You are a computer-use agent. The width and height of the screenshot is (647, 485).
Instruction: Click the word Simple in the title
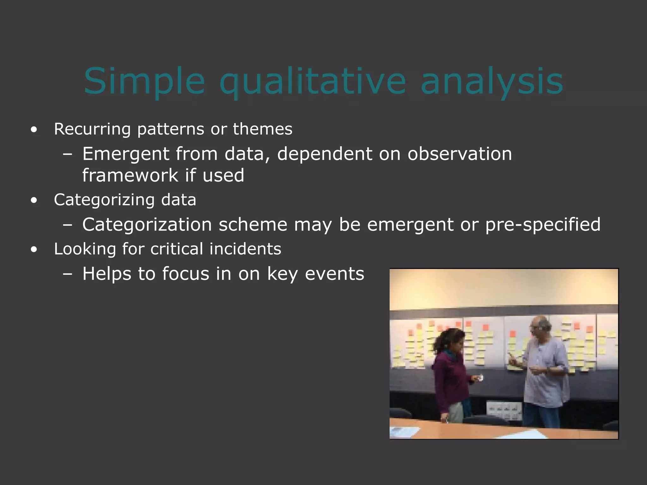[x=144, y=81]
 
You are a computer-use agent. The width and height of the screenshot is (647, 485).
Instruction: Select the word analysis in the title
[x=492, y=81]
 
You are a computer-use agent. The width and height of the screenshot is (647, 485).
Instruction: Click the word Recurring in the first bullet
[x=92, y=129]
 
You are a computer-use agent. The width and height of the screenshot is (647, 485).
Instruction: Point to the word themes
[x=263, y=129]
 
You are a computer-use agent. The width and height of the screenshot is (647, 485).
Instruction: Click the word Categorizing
[x=104, y=200]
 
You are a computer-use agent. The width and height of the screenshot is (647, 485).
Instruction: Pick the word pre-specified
[x=542, y=225]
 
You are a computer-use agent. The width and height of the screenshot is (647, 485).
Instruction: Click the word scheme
[x=253, y=225]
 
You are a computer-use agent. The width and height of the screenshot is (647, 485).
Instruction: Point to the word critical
[x=176, y=249]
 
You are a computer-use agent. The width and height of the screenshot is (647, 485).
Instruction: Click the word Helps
[x=106, y=273]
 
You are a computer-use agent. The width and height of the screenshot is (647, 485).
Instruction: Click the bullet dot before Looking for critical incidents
[x=34, y=249]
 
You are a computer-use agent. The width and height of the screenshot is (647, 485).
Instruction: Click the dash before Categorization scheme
[x=67, y=225]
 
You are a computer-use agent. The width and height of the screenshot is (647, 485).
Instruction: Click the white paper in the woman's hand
[x=481, y=378]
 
